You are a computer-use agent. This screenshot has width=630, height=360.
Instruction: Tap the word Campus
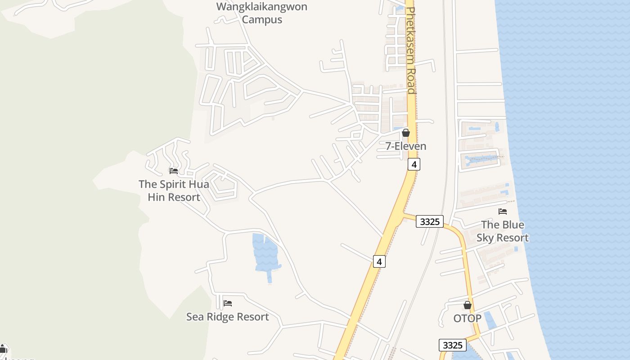pyautogui.click(x=262, y=20)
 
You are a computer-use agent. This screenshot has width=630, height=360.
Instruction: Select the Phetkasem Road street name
pyautogui.click(x=410, y=49)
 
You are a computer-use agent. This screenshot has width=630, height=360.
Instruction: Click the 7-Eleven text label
pyautogui.click(x=406, y=146)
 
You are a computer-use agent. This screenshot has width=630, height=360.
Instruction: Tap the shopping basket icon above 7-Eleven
pyautogui.click(x=406, y=133)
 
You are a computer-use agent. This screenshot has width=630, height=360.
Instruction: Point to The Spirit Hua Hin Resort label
pyautogui.click(x=174, y=191)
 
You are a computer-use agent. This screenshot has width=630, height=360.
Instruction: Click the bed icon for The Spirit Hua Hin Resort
pyautogui.click(x=173, y=171)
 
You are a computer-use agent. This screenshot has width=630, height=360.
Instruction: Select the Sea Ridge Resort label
pyautogui.click(x=228, y=317)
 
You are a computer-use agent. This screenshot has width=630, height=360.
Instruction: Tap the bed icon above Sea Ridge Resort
pyautogui.click(x=228, y=303)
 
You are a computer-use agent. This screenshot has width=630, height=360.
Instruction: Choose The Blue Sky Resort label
pyautogui.click(x=502, y=231)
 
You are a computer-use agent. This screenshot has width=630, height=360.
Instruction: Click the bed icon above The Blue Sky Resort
pyautogui.click(x=503, y=211)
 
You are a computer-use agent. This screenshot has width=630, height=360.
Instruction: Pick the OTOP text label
pyautogui.click(x=467, y=319)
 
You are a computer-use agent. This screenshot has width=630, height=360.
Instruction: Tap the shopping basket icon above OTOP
pyautogui.click(x=468, y=305)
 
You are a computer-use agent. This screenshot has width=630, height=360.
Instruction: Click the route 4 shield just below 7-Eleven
pyautogui.click(x=414, y=164)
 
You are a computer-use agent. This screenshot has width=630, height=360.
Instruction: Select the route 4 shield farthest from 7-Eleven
pyautogui.click(x=379, y=261)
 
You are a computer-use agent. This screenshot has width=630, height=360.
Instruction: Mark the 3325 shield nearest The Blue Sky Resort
pyautogui.click(x=430, y=221)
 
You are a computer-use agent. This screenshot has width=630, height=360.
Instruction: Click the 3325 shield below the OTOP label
pyautogui.click(x=452, y=345)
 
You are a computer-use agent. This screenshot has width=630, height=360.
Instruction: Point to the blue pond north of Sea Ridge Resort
pyautogui.click(x=266, y=254)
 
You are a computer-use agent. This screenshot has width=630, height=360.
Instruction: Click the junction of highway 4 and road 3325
pyautogui.click(x=402, y=215)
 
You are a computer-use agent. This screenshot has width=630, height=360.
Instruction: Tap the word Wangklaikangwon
pyautogui.click(x=261, y=7)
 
